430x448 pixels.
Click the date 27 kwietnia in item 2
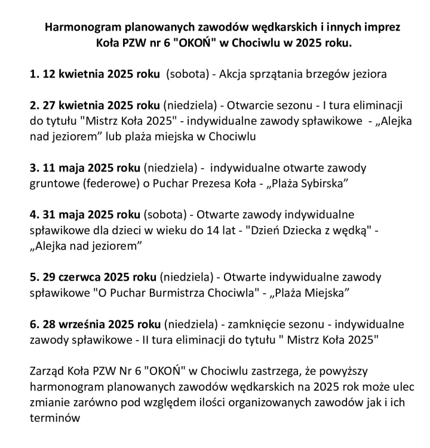pos(72,105)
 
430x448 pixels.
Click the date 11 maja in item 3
pos(63,167)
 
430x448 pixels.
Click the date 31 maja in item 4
pos(63,213)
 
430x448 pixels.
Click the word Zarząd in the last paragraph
pos(48,371)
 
